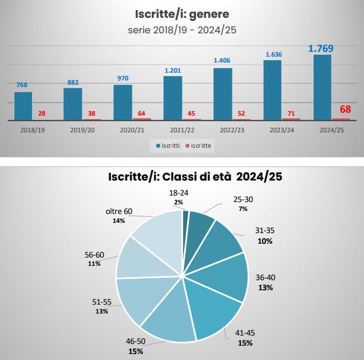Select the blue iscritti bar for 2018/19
(x=23, y=105)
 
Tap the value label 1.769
(x=321, y=48)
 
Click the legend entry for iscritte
(x=198, y=145)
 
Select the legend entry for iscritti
(x=169, y=145)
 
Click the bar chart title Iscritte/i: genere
(x=181, y=13)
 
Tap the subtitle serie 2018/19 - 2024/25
(x=181, y=29)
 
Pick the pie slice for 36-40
(x=229, y=277)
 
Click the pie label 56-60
(x=94, y=255)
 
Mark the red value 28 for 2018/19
(x=42, y=113)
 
